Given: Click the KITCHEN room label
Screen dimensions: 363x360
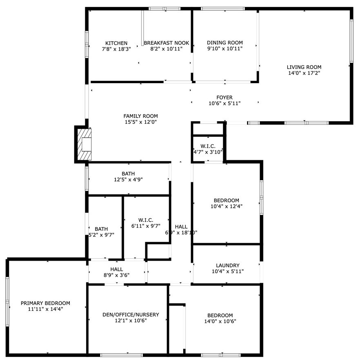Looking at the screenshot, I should pyautogui.click(x=116, y=43).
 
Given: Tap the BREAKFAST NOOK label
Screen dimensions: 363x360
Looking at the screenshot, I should pyautogui.click(x=167, y=43).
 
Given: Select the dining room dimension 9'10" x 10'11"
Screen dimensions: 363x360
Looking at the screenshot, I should pyautogui.click(x=224, y=49).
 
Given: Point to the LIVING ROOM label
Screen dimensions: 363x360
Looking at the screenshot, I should pyautogui.click(x=304, y=67).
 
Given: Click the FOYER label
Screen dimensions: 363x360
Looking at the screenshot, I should pyautogui.click(x=224, y=97).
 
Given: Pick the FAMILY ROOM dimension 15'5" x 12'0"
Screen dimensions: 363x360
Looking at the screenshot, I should pyautogui.click(x=141, y=122).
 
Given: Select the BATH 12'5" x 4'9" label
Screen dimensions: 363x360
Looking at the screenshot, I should pyautogui.click(x=128, y=174).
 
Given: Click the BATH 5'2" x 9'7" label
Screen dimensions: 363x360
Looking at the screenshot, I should pyautogui.click(x=101, y=229).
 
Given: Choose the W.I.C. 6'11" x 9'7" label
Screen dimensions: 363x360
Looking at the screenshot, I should pyautogui.click(x=146, y=220).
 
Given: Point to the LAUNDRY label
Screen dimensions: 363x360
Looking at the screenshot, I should pyautogui.click(x=227, y=266).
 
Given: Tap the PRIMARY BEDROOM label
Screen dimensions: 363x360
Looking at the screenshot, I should pyautogui.click(x=45, y=303).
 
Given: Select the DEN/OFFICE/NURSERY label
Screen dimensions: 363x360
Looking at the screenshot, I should pyautogui.click(x=131, y=315).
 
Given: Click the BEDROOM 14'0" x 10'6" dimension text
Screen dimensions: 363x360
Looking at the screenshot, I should pyautogui.click(x=220, y=321).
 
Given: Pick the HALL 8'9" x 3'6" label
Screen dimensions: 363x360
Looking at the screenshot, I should pyautogui.click(x=116, y=269).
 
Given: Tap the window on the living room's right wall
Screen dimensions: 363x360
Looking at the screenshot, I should pyautogui.click(x=351, y=41).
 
